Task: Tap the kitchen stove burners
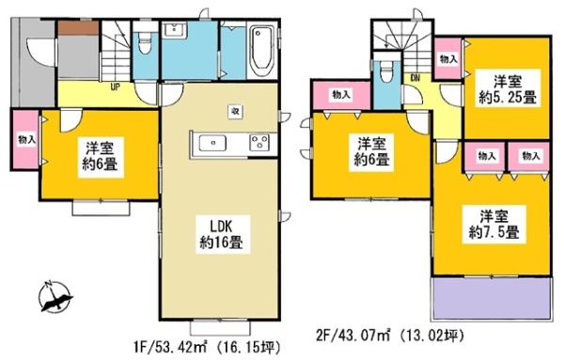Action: coord(258,143)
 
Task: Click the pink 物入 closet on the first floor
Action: coord(25,140)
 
